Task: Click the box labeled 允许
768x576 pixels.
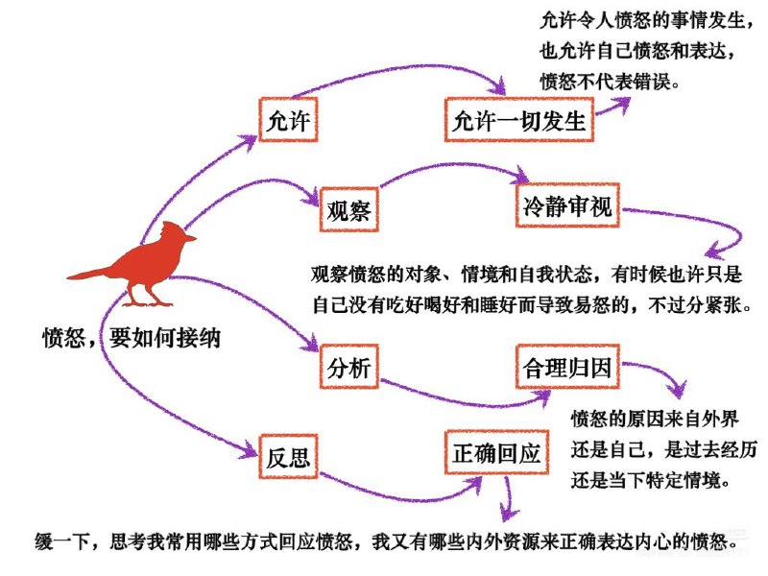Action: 289,121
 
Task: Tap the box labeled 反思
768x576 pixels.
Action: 289,456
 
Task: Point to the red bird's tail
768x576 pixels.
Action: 86,275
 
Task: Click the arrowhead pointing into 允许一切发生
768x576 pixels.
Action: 501,87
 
